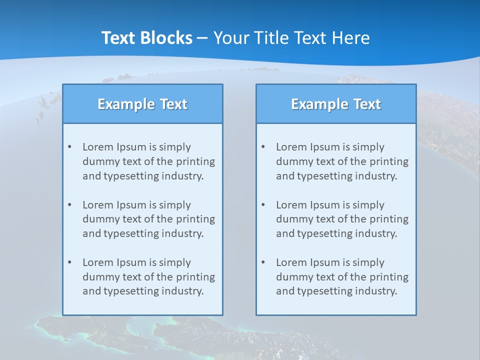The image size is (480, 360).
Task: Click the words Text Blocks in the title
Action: click(146, 38)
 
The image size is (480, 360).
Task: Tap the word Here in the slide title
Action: click(351, 38)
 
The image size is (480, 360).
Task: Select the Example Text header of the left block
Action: click(142, 104)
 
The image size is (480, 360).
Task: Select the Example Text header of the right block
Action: click(336, 104)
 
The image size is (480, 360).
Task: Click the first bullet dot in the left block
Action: click(69, 147)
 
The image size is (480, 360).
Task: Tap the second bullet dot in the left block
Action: click(69, 205)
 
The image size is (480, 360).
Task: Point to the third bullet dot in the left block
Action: click(69, 262)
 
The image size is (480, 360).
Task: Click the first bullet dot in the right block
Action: click(263, 147)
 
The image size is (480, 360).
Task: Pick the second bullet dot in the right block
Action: click(263, 205)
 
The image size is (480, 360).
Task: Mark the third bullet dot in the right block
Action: click(263, 262)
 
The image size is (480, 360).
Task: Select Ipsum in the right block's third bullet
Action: click(325, 262)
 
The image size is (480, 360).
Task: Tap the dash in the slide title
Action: click(202, 38)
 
